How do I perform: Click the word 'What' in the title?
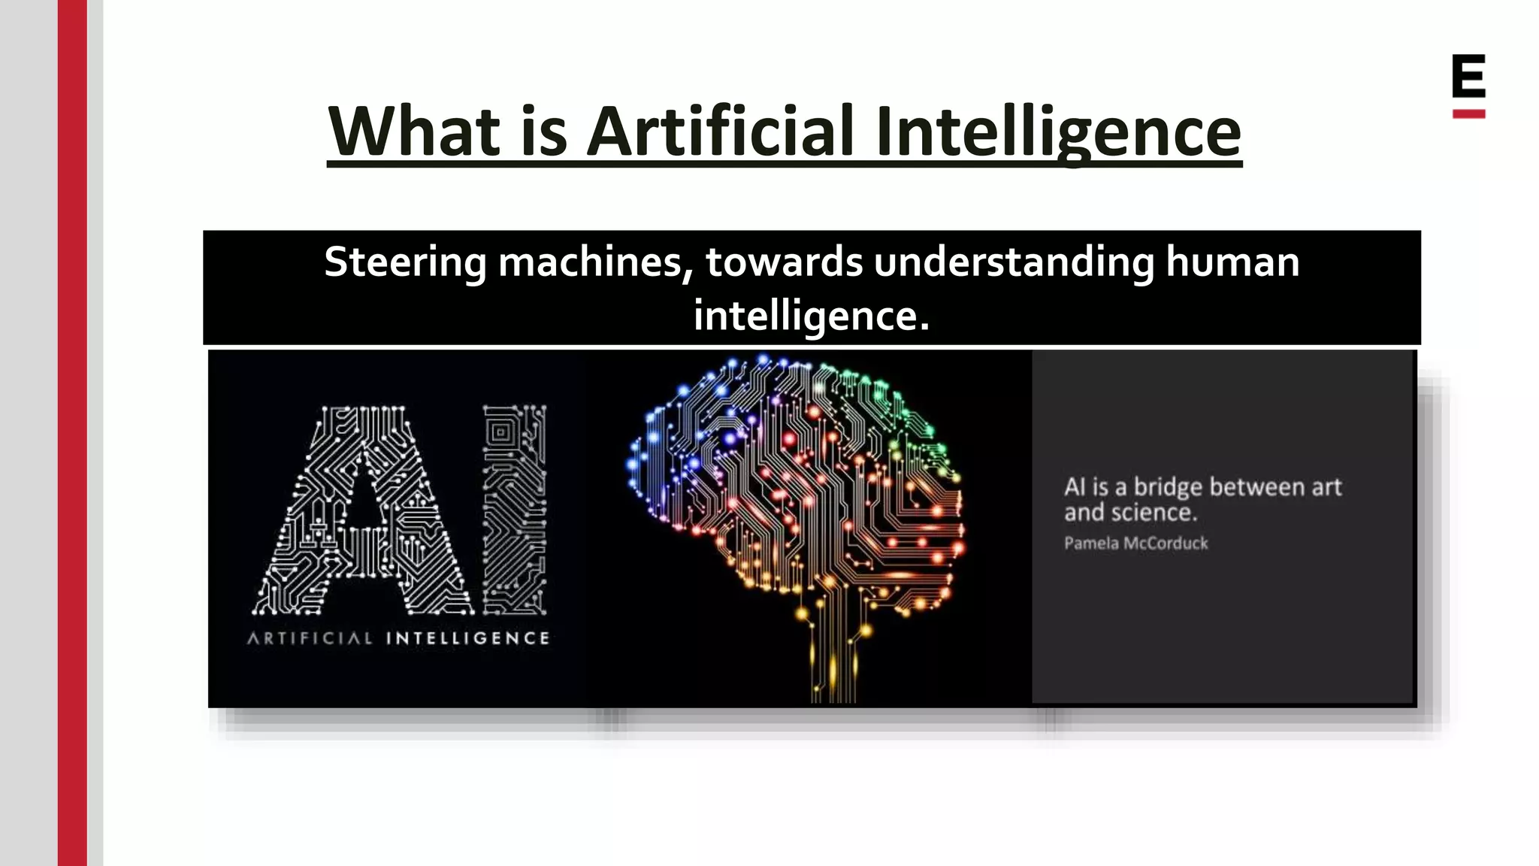click(414, 132)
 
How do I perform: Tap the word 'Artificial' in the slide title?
click(720, 132)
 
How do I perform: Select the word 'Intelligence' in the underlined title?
click(1058, 133)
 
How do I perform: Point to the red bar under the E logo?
click(1468, 114)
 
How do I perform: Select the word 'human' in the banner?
click(1232, 263)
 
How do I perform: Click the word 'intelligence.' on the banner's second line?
click(812, 316)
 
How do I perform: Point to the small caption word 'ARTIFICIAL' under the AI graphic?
click(310, 639)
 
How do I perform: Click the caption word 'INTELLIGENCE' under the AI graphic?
click(467, 639)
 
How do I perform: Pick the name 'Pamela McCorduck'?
click(1135, 544)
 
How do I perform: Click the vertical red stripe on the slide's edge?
click(72, 433)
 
